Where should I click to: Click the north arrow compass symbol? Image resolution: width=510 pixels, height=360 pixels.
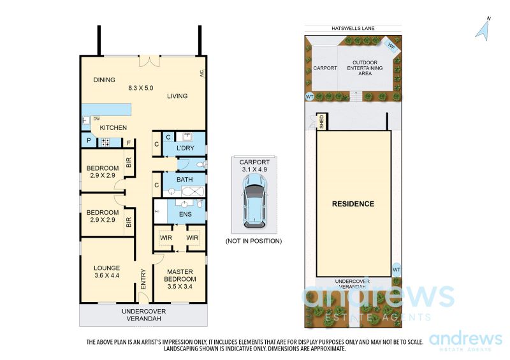483,30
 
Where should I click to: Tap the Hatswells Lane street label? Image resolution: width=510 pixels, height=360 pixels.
353,28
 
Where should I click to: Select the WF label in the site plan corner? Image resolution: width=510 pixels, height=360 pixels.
391,47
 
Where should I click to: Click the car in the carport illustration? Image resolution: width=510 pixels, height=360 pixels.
254,201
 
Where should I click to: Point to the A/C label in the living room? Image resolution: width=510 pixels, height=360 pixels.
201,73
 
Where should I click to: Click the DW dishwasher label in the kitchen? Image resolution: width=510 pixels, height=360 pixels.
97,119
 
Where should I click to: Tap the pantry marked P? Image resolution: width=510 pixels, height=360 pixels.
89,141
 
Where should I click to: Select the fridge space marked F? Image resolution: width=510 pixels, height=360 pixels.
129,143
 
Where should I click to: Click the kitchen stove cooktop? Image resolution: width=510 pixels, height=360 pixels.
105,142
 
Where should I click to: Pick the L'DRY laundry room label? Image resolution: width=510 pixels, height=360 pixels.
185,148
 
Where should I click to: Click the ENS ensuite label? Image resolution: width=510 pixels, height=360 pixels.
185,214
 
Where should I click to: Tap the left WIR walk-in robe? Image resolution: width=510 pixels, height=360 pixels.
166,238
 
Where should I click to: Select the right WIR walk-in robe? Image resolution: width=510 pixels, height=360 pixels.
193,238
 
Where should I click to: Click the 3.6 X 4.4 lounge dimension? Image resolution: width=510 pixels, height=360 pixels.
106,275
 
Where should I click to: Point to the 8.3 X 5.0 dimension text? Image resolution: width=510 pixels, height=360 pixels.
140,88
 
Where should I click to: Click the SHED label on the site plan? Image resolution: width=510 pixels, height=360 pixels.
322,121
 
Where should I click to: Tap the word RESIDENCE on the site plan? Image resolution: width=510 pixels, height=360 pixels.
353,204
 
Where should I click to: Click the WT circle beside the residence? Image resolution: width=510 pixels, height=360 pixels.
396,270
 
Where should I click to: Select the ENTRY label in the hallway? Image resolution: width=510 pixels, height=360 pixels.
143,279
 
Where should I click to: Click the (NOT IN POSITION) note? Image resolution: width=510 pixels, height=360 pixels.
254,241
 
